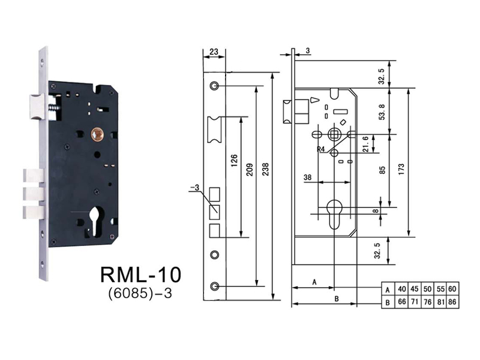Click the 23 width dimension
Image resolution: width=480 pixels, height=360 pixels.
(214, 52)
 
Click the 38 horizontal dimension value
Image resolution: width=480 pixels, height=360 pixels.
(307, 178)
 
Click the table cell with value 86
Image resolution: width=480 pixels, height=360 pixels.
(452, 302)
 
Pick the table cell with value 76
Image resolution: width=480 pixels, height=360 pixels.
(427, 302)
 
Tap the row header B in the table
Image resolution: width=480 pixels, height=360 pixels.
(388, 302)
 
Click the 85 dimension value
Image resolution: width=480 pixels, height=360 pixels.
(382, 170)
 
